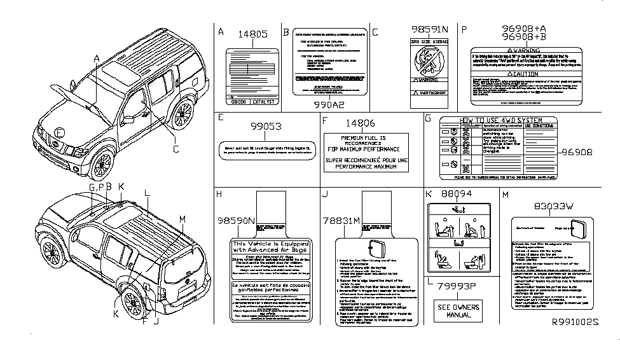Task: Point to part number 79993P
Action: [457, 287]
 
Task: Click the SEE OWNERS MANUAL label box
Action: [457, 312]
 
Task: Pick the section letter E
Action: [220, 118]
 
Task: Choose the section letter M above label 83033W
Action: [504, 193]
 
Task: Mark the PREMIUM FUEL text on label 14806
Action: [359, 137]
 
